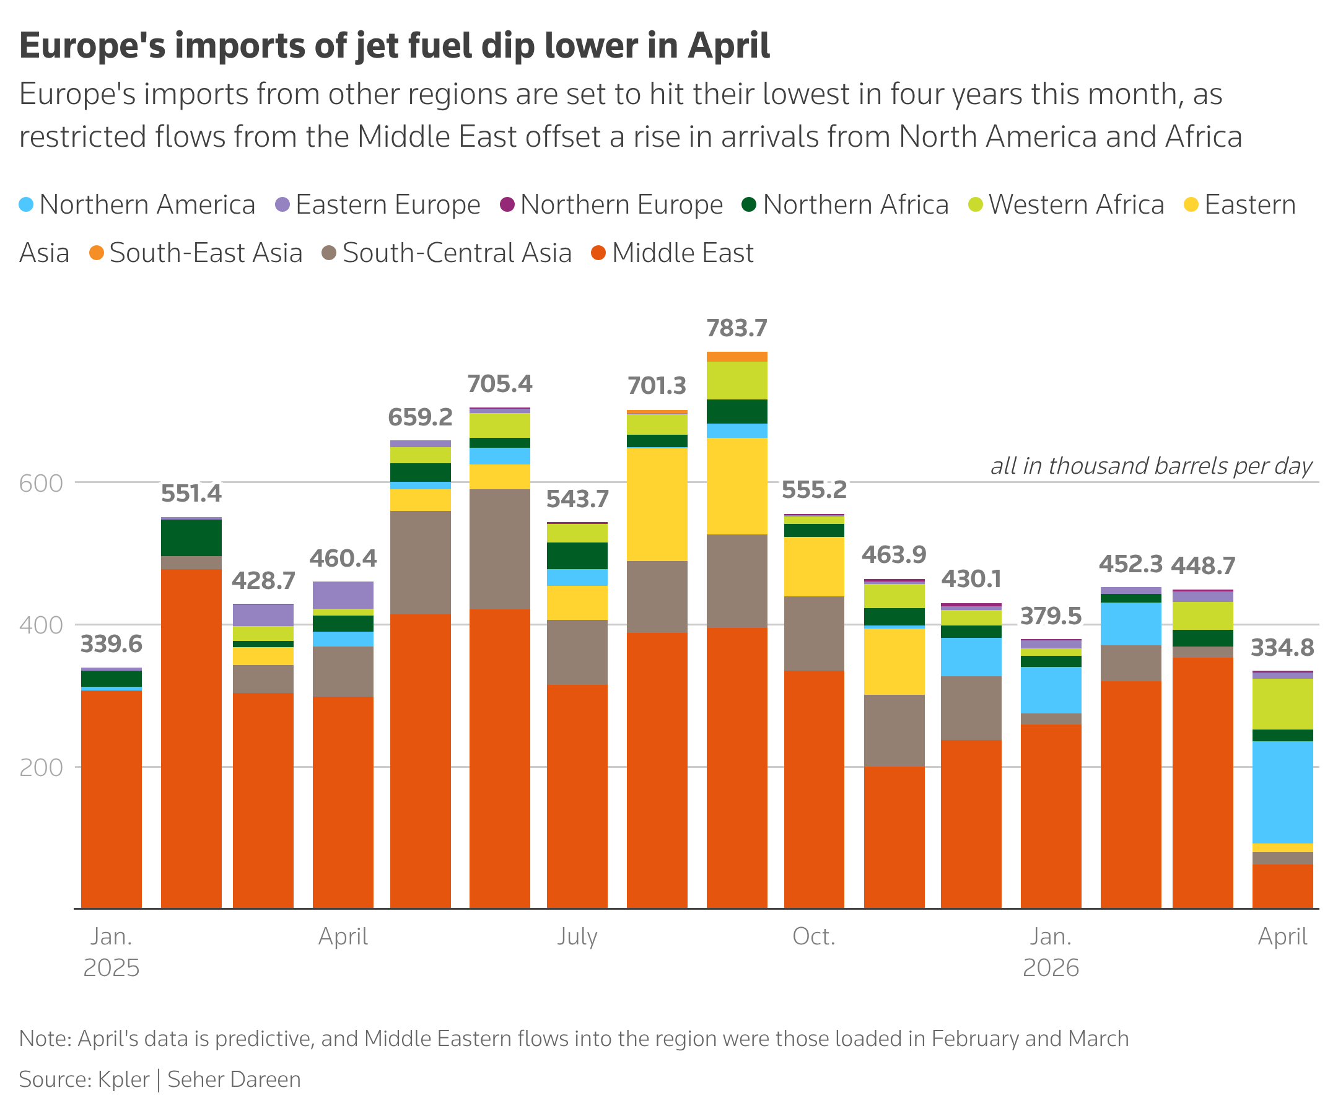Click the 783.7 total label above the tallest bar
tap(737, 329)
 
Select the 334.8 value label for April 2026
tap(1282, 648)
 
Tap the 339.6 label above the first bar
tap(111, 645)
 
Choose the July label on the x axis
tap(577, 936)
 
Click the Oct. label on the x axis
tap(813, 936)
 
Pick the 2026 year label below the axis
tap(1051, 969)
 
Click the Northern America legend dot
tap(26, 205)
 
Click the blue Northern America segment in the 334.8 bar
tap(1282, 792)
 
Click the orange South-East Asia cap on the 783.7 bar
tap(737, 357)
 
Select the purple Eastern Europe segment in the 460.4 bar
tap(343, 595)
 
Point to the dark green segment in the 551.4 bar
tap(191, 538)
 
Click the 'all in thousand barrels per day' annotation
tap(1151, 466)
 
